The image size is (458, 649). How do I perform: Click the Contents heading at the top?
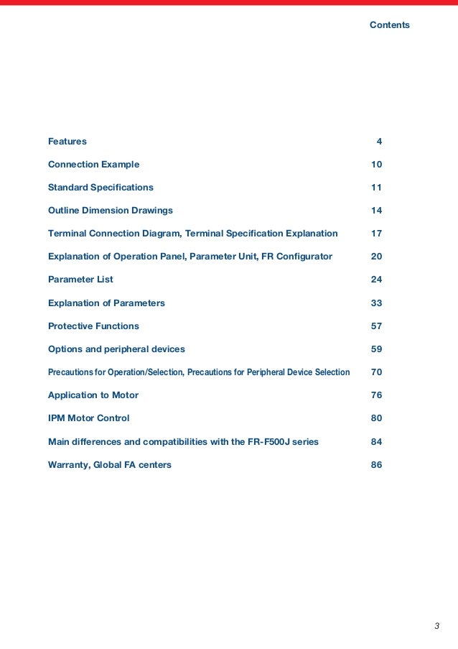tap(389, 25)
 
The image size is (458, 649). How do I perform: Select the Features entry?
tap(67, 142)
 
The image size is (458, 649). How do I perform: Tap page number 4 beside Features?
tap(379, 142)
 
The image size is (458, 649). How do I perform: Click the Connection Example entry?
tap(93, 165)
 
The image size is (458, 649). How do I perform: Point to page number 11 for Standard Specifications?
tap(376, 188)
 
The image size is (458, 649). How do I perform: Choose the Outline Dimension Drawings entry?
tap(110, 211)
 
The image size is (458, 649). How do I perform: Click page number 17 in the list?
tap(376, 234)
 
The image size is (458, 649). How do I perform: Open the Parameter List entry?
tap(80, 280)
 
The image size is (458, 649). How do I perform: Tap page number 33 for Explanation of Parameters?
tap(376, 303)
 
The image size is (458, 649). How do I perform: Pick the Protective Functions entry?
tap(93, 326)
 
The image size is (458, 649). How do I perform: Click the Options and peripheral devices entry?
tap(116, 349)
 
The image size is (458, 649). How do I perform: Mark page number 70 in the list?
tap(376, 372)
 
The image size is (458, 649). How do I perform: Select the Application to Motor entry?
tap(93, 395)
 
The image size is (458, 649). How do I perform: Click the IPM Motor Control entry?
tap(88, 418)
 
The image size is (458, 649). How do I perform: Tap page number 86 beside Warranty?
tap(376, 464)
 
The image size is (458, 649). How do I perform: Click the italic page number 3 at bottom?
tap(436, 625)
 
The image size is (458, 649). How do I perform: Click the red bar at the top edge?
tap(229, 2)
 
